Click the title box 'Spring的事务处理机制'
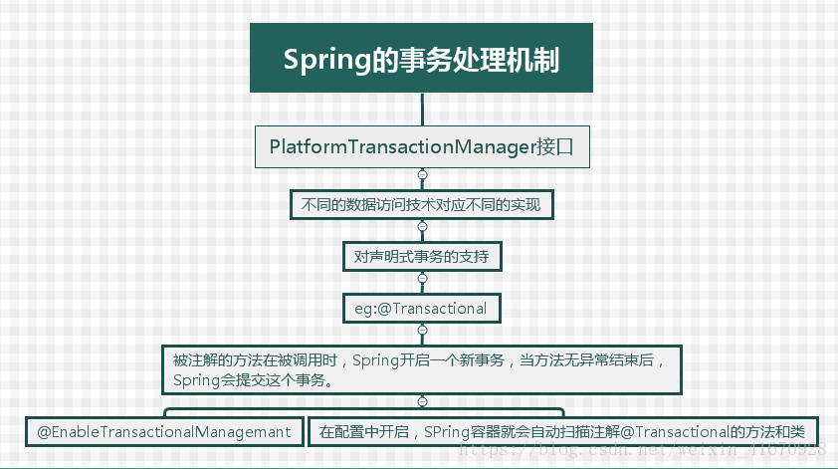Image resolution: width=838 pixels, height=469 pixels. click(x=421, y=59)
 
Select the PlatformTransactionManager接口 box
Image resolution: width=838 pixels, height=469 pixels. click(x=422, y=147)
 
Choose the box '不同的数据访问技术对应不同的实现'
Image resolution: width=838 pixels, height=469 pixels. click(x=421, y=206)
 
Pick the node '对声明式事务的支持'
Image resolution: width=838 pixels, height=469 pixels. click(x=421, y=256)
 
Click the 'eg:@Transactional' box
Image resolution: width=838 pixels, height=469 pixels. click(x=421, y=308)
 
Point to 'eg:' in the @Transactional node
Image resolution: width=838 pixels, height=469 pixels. click(x=365, y=308)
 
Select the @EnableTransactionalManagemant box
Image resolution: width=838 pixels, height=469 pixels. click(x=164, y=432)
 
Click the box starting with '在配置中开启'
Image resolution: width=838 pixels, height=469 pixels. click(x=563, y=432)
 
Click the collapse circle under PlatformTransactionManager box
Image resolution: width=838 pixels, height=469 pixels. click(x=422, y=175)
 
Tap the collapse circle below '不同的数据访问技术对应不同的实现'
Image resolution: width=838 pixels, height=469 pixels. click(x=422, y=227)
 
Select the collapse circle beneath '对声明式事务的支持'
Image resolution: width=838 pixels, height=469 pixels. click(x=422, y=278)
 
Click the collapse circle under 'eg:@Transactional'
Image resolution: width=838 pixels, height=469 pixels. click(x=422, y=330)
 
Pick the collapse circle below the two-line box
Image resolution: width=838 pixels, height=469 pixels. click(x=422, y=401)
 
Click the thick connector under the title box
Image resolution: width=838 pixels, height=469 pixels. click(x=422, y=108)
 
